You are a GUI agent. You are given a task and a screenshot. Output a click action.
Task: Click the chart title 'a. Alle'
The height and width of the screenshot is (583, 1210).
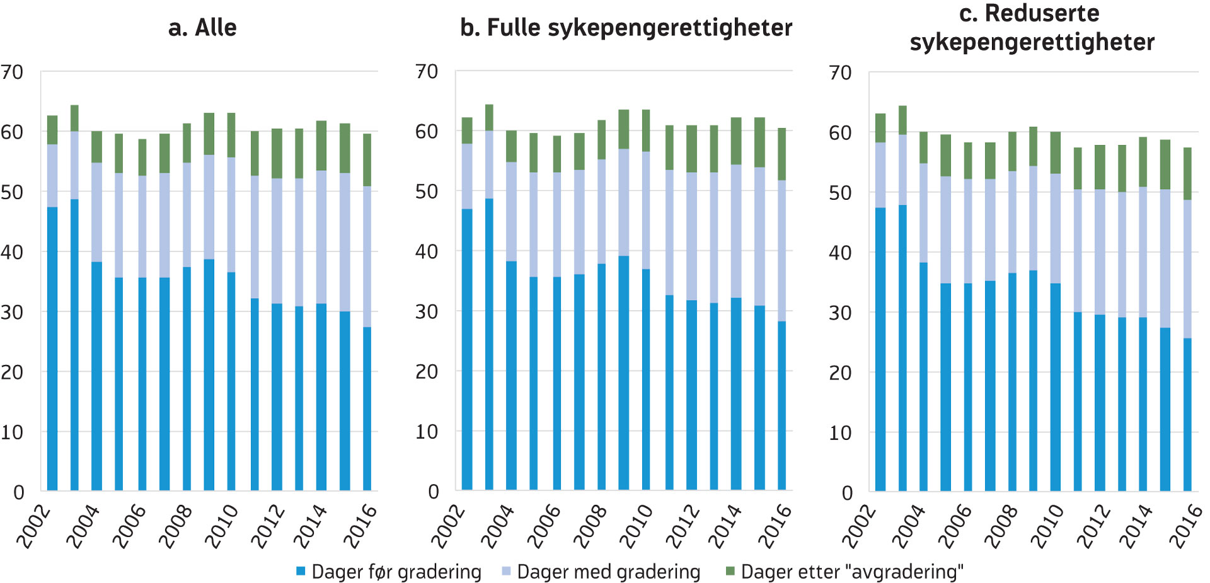(202, 28)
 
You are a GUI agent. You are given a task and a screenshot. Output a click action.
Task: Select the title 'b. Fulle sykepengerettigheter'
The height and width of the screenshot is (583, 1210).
(626, 28)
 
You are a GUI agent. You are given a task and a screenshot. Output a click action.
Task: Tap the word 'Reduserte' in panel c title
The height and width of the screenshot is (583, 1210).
(1042, 13)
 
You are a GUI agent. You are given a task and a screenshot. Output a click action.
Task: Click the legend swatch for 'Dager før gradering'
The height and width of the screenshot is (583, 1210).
(301, 571)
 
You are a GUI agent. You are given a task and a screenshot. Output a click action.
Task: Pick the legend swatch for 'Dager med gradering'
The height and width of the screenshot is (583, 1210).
(506, 571)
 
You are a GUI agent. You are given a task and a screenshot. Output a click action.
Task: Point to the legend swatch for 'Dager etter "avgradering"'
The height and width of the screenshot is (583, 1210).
(730, 571)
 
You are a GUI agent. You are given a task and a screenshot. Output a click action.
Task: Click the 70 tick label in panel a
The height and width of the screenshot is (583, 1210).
(12, 72)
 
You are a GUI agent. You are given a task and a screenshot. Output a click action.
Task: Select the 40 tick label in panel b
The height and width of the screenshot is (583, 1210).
(427, 252)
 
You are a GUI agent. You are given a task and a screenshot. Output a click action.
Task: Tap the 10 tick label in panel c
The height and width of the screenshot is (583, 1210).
(840, 433)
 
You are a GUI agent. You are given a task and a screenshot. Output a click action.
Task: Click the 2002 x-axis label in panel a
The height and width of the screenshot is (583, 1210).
(33, 526)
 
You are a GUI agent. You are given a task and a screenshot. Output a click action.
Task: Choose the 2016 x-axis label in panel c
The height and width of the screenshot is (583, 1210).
(1185, 526)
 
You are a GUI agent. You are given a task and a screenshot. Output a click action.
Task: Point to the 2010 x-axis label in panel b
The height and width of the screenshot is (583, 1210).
(637, 526)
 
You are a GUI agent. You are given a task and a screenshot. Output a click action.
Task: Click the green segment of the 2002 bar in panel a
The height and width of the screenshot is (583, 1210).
(52, 130)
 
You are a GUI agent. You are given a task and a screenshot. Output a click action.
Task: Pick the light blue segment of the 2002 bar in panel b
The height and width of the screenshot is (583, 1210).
(467, 176)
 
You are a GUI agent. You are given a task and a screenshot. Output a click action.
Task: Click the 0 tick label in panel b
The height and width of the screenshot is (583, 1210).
(433, 492)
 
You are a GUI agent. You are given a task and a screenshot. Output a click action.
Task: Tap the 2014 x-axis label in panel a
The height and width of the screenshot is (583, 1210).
(310, 526)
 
